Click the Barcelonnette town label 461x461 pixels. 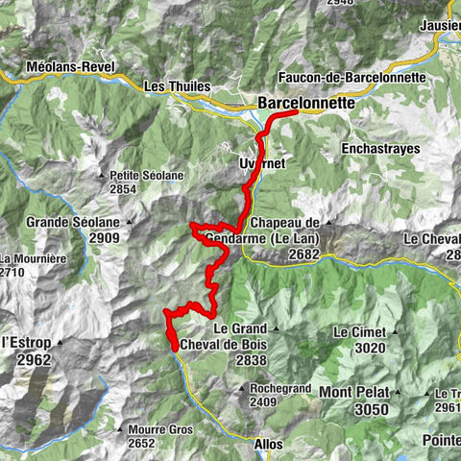pos(306,102)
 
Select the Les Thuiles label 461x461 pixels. pos(176,86)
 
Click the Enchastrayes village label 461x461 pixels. pos(380,149)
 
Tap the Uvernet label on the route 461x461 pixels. pos(261,164)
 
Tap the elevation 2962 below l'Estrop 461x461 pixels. pos(32,360)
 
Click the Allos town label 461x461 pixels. pos(268,445)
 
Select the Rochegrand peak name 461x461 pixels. pos(280,388)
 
